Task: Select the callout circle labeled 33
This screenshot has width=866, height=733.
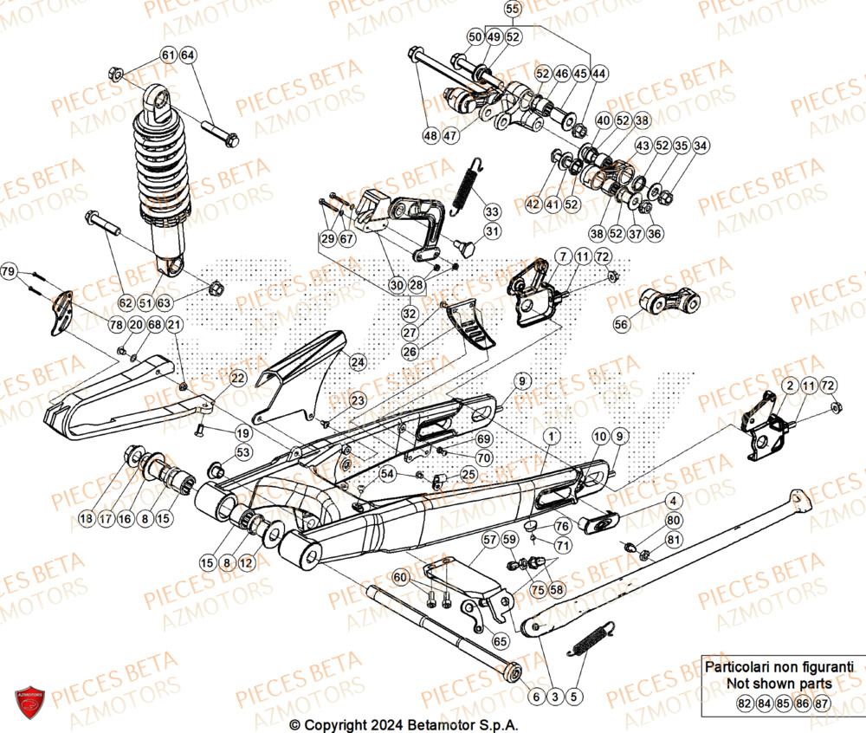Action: click(492, 211)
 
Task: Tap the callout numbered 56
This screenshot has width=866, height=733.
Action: click(621, 323)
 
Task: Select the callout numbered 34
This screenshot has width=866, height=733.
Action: click(701, 146)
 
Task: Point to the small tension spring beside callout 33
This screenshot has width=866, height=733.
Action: click(462, 186)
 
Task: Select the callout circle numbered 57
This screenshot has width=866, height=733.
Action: click(490, 540)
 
